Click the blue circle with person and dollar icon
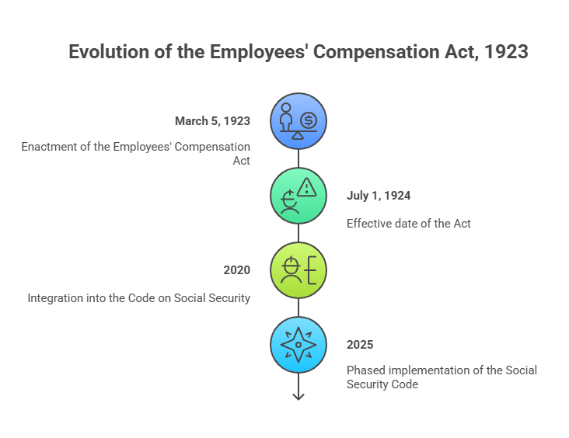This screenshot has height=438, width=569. [298, 122]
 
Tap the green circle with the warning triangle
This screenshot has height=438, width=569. [298, 196]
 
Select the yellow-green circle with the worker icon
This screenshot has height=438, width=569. [298, 271]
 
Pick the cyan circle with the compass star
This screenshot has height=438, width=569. [298, 345]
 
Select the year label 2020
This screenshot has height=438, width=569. [236, 270]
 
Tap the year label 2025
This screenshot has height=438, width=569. [360, 344]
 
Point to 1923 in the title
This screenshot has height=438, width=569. [506, 52]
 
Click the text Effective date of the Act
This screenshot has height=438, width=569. [409, 223]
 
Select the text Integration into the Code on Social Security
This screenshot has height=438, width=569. [139, 297]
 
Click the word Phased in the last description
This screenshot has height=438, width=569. [366, 370]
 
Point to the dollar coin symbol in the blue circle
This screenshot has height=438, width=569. [309, 120]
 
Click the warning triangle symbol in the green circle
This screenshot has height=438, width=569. [307, 186]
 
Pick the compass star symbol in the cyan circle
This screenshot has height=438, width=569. [298, 345]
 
